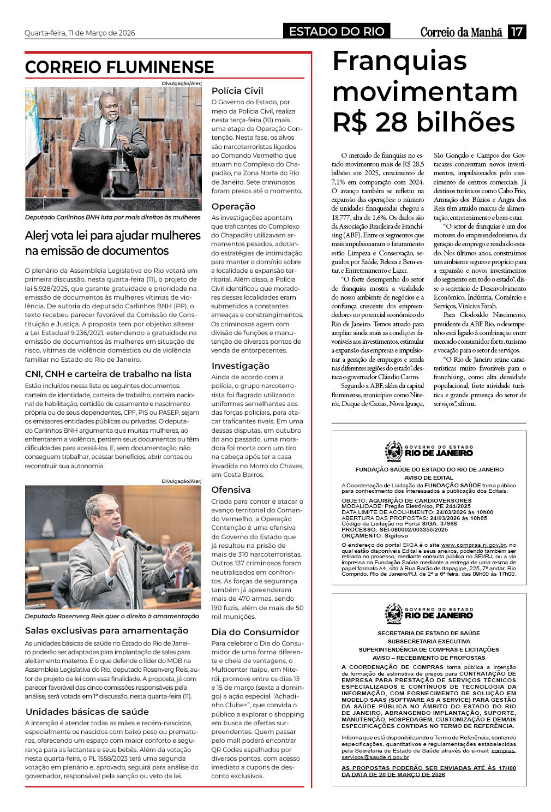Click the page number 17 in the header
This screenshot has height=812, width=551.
[517, 32]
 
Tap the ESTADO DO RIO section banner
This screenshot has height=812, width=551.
[337, 32]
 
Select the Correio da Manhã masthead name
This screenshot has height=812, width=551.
[461, 32]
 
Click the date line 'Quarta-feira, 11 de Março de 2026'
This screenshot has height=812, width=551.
[80, 33]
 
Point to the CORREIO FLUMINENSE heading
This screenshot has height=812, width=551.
[119, 67]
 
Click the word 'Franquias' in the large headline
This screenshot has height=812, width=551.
[399, 61]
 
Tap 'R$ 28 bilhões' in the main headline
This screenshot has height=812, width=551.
[423, 122]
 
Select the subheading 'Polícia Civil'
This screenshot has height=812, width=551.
[237, 91]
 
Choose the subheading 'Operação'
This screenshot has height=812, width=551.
[233, 207]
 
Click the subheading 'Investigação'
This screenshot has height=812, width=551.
[241, 366]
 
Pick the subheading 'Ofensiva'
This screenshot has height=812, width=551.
[231, 490]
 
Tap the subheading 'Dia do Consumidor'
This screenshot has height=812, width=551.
[255, 632]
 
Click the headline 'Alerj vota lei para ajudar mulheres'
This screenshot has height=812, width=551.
[113, 236]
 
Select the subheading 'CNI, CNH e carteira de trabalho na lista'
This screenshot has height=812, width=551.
[108, 374]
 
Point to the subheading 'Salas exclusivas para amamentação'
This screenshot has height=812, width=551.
[106, 631]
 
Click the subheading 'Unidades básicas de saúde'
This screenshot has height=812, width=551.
[87, 712]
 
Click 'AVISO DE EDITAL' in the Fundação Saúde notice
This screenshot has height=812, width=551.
[429, 478]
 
